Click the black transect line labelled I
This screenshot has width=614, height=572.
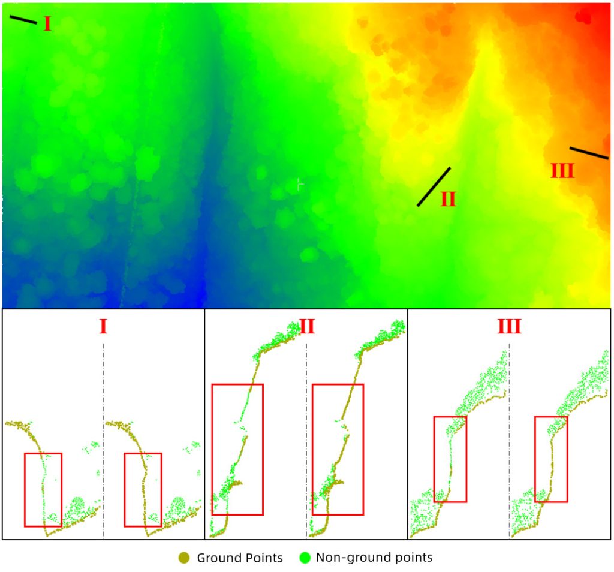tap(23, 20)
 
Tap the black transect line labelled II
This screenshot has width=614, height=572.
tap(434, 186)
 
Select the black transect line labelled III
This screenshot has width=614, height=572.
tap(589, 153)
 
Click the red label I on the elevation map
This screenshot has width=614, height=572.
tap(47, 24)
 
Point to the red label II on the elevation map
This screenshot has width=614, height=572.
tap(448, 199)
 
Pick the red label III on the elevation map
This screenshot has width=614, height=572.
tap(562, 171)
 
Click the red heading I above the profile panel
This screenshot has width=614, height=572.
tap(103, 327)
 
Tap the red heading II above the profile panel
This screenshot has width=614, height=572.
tap(306, 327)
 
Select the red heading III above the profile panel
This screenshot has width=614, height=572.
tap(509, 327)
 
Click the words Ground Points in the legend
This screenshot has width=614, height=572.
tap(240, 558)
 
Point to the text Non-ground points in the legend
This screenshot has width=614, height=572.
tap(374, 558)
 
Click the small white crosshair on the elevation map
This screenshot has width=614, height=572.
tap(299, 185)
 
